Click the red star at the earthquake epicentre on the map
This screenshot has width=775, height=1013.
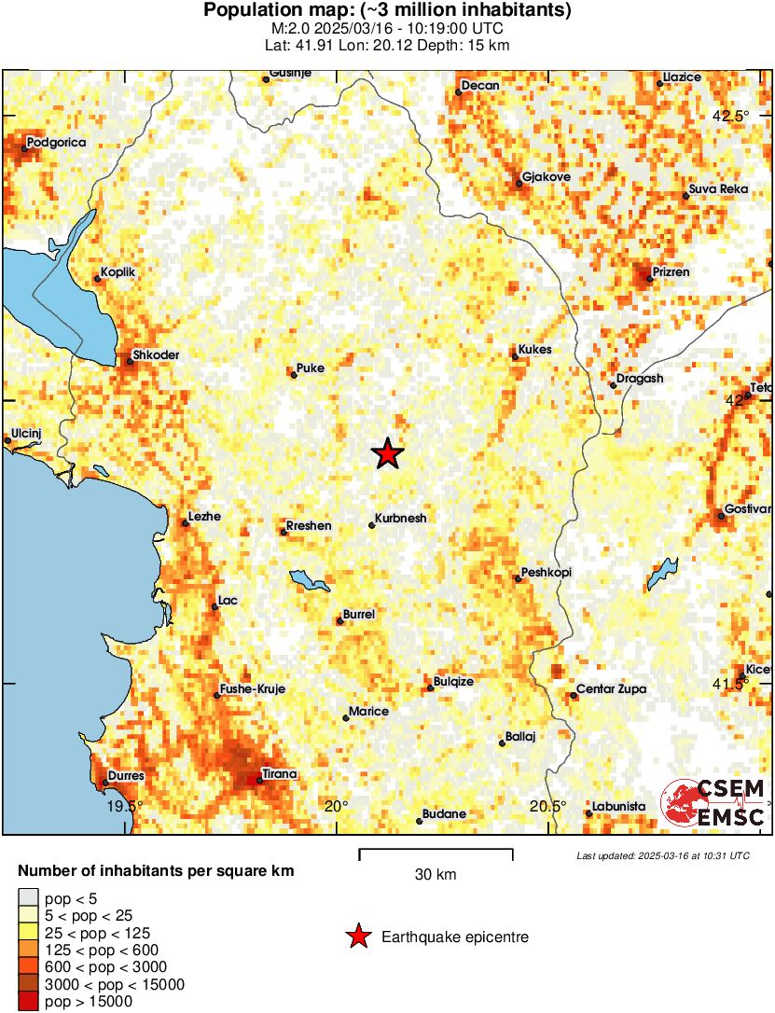coord(388,454)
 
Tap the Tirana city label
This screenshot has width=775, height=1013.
coord(279,773)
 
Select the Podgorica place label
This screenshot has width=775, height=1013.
coord(56,143)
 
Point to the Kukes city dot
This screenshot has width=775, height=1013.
coord(515,356)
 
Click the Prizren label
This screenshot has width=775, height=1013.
coord(671,272)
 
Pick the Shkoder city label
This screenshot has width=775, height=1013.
coord(156,355)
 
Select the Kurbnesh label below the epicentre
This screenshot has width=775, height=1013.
coord(400,519)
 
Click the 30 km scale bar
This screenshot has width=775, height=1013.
coord(436,851)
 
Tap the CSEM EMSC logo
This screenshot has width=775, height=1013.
coord(713,803)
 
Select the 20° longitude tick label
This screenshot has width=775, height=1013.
coord(336,806)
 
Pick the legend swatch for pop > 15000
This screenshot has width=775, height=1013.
coord(29,1001)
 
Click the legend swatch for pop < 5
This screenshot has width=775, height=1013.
coord(29,898)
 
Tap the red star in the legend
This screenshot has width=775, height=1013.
coord(357,937)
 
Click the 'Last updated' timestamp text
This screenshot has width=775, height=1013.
coord(662,855)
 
